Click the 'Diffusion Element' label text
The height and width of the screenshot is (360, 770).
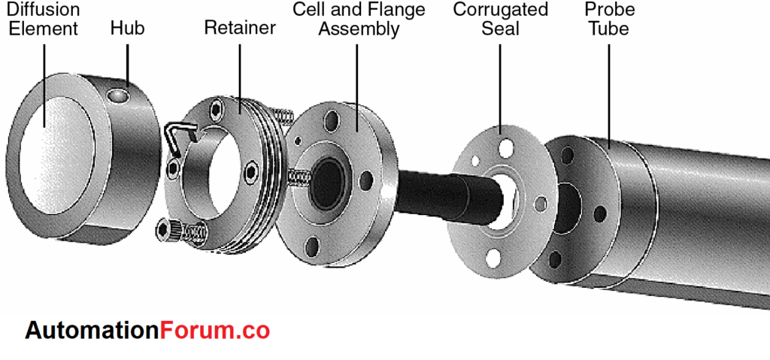tap(43, 20)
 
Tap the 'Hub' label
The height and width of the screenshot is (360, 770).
tap(127, 29)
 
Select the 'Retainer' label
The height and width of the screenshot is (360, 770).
tap(240, 29)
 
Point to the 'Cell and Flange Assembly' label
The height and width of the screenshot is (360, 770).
tap(359, 20)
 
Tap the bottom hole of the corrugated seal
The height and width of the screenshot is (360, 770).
tap(493, 258)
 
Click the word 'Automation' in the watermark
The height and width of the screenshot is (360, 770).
tap(91, 331)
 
